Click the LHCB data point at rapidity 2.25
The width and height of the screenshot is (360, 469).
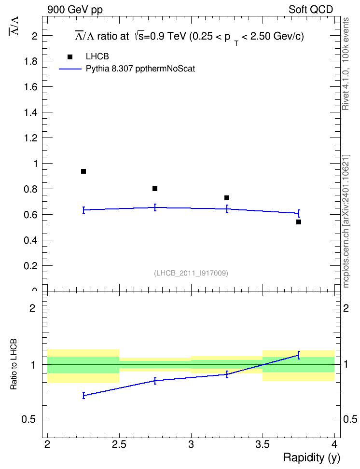pyautogui.click(x=83, y=171)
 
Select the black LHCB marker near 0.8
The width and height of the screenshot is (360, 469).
pyautogui.click(x=155, y=189)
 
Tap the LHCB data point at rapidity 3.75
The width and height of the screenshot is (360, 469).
pyautogui.click(x=299, y=222)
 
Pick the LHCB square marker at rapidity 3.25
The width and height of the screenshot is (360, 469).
pyautogui.click(x=227, y=198)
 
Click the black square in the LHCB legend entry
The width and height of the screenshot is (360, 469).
pyautogui.click(x=70, y=57)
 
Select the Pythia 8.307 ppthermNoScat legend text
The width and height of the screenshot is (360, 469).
pyautogui.click(x=140, y=69)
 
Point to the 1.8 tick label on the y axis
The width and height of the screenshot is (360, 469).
pyautogui.click(x=30, y=61)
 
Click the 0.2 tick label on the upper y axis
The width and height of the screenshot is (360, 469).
pyautogui.click(x=30, y=265)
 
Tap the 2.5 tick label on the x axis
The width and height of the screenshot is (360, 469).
pyautogui.click(x=119, y=445)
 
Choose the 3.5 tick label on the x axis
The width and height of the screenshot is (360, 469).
pyautogui.click(x=263, y=445)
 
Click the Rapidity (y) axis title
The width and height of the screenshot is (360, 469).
pyautogui.click(x=312, y=458)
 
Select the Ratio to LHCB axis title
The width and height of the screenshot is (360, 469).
pyautogui.click(x=14, y=364)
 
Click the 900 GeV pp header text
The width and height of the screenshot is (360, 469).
pyautogui.click(x=75, y=10)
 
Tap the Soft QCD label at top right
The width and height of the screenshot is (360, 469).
pyautogui.click(x=311, y=10)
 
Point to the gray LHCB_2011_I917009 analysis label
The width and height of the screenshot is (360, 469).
pyautogui.click(x=191, y=273)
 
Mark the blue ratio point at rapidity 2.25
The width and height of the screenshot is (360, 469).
pyautogui.click(x=83, y=396)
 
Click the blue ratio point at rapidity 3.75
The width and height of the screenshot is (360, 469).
pyautogui.click(x=299, y=355)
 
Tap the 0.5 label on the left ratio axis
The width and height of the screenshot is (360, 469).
pyautogui.click(x=28, y=420)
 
